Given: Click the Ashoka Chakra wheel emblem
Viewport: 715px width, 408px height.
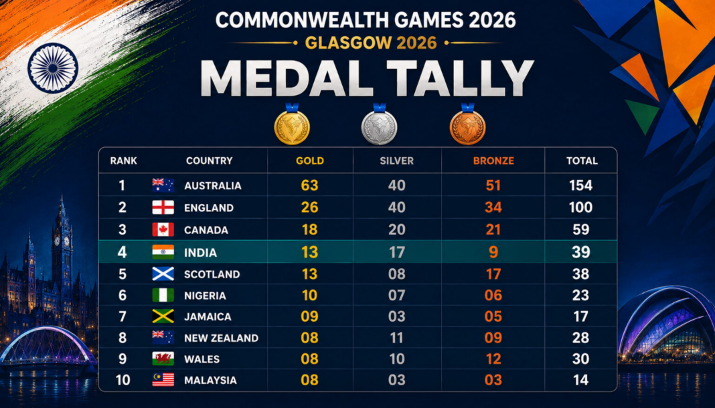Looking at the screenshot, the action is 53,68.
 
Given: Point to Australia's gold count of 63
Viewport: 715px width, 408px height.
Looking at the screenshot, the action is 309,185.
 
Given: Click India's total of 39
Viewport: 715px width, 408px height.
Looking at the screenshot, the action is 581,251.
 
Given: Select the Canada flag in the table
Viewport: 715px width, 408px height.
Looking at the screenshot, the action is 163,229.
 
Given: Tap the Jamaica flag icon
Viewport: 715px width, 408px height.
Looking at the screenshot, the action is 163,316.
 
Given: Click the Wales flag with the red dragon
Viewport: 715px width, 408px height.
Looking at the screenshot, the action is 163,359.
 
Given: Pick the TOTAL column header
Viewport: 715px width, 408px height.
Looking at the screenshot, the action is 582,161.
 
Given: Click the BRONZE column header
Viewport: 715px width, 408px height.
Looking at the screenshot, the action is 493,161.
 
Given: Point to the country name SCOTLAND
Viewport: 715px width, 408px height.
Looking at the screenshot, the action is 212,274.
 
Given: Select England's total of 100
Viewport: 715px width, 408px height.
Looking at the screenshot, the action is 581,207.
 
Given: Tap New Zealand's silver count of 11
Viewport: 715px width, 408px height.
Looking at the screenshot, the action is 397,338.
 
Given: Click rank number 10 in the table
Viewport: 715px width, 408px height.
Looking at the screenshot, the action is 123,380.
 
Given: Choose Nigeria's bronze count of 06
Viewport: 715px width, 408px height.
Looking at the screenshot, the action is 493,295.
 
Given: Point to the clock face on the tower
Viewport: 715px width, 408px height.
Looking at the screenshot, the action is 57,241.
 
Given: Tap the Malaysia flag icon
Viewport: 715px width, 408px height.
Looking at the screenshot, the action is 163,380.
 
